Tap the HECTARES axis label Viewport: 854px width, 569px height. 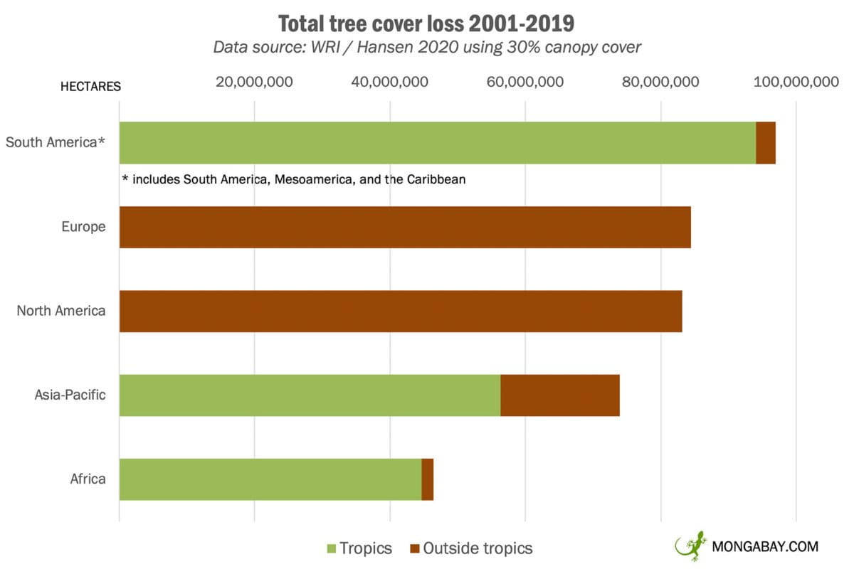pos(90,87)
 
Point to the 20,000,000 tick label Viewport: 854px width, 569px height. pos(254,82)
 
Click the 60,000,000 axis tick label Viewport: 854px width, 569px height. pos(525,82)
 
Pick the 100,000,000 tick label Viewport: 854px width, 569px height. pos(796,82)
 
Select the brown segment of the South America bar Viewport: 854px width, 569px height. pos(766,143)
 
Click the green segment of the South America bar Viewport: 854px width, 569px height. pos(437,143)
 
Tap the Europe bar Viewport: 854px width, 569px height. pos(405,227)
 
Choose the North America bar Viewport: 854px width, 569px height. pos(401,311)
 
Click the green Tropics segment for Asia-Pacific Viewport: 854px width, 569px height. pos(310,395)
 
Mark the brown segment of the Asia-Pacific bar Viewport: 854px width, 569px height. pos(560,395)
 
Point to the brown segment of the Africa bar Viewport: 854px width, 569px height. pos(428,479)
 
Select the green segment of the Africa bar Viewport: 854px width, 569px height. pos(270,479)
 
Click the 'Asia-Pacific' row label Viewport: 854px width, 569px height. pos(70,395)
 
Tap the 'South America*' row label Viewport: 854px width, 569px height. pos(56,142)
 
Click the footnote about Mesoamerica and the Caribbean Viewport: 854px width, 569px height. pos(294,179)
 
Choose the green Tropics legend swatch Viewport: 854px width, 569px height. pos(330,548)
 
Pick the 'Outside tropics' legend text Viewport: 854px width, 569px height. pos(478,548)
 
